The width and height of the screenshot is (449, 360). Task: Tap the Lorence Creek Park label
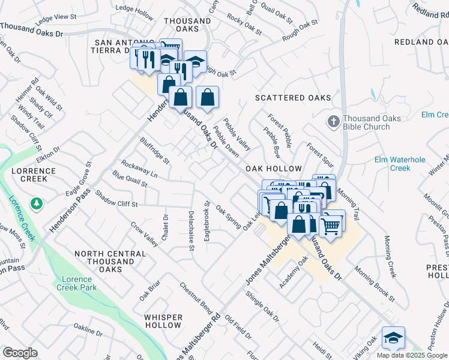point(76,284)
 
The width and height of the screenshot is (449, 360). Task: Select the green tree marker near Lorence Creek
point(37,205)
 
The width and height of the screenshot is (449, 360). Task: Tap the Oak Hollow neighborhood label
point(273,170)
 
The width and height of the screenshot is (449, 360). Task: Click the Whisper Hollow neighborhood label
point(163,321)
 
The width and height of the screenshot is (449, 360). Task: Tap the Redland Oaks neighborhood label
point(422,42)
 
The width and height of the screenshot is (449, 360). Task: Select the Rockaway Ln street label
point(139,169)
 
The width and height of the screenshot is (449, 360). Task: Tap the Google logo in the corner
point(20,353)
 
